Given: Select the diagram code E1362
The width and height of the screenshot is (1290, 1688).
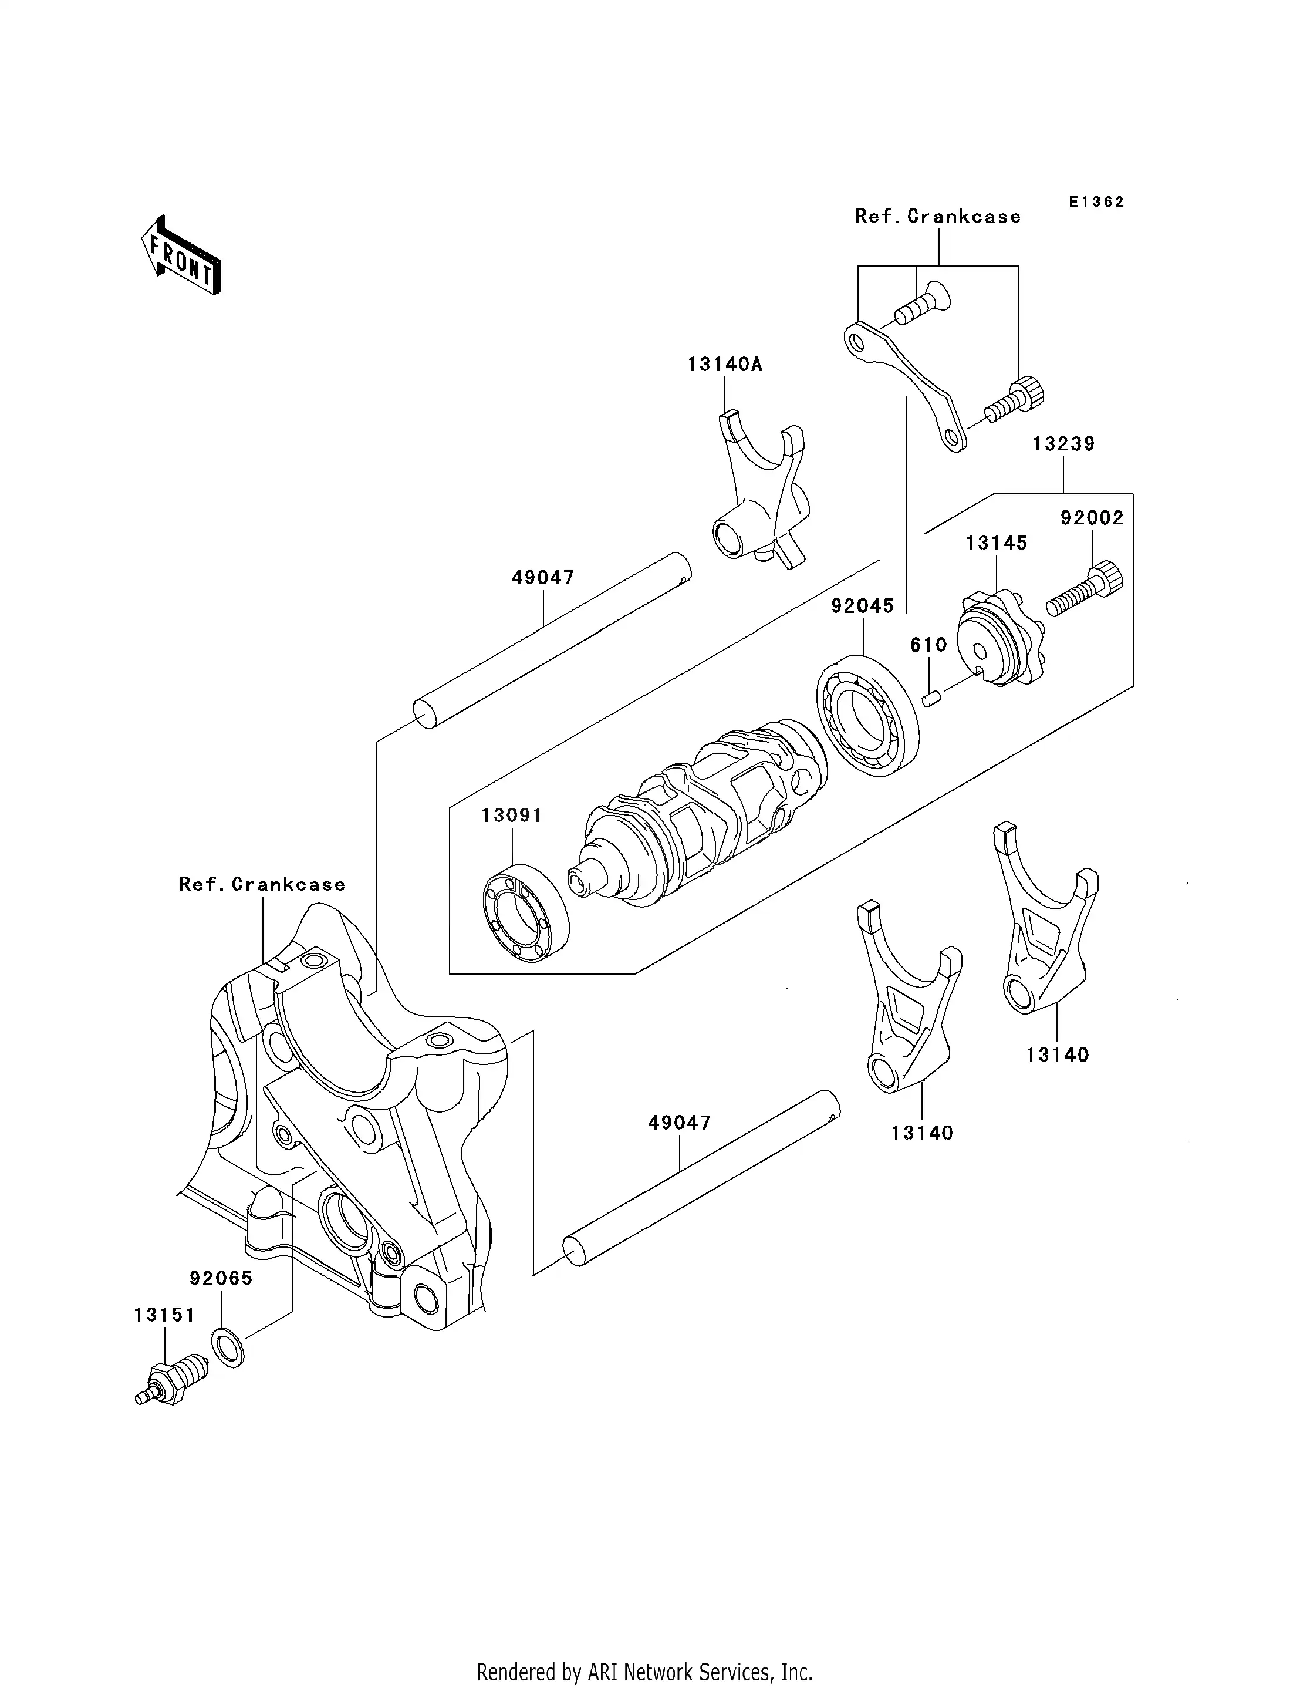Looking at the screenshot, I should [x=1096, y=202].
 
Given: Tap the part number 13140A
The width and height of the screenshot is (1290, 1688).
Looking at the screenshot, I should [x=724, y=364].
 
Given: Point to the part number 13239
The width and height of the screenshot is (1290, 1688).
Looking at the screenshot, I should [x=1063, y=444].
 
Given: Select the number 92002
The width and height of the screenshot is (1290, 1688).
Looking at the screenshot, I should [x=1092, y=518].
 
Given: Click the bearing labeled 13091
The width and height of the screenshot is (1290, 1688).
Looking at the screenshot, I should [x=526, y=912].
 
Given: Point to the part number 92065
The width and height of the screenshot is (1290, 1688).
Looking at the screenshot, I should [x=221, y=1278].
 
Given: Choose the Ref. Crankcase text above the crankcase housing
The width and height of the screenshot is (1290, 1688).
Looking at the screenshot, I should [x=262, y=884].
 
